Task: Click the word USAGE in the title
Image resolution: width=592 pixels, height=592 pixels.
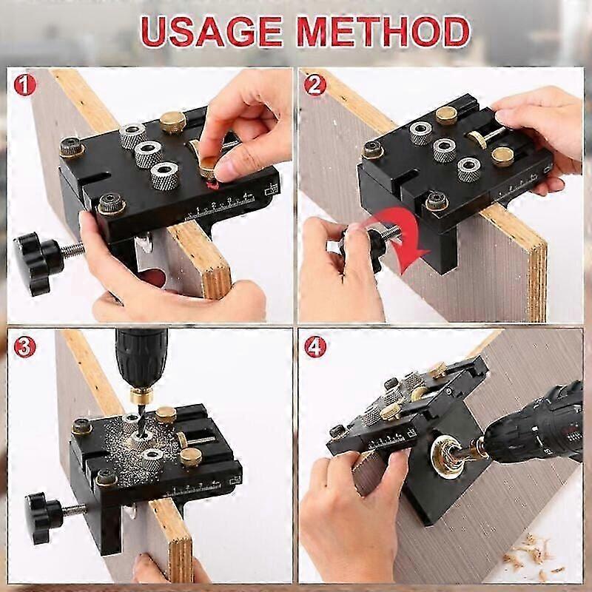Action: pyautogui.click(x=212, y=31)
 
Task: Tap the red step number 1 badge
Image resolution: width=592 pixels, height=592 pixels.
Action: pyautogui.click(x=25, y=85)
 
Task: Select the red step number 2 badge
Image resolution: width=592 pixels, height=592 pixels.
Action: pyautogui.click(x=315, y=85)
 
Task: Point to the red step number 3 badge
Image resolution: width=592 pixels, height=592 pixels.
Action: pyautogui.click(x=25, y=347)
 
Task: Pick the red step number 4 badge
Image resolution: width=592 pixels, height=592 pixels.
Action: pyautogui.click(x=315, y=347)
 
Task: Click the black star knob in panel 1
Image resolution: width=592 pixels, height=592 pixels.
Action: pyautogui.click(x=38, y=263)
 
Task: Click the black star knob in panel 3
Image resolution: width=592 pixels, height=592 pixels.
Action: pyautogui.click(x=44, y=517)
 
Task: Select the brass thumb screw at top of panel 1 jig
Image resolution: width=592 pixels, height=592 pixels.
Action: pyautogui.click(x=172, y=122)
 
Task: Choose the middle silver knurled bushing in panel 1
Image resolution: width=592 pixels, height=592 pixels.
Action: pyautogui.click(x=149, y=154)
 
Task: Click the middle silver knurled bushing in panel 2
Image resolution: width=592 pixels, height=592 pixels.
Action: pyautogui.click(x=445, y=150)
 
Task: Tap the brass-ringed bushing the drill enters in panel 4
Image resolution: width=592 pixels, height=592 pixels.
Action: pyautogui.click(x=448, y=457)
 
